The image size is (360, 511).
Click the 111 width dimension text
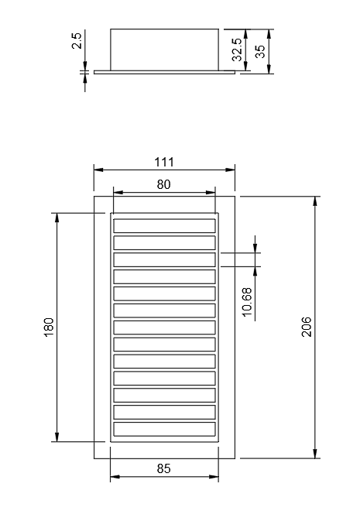[164, 162]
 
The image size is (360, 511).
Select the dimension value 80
[164, 184]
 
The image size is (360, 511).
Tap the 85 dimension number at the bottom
[164, 468]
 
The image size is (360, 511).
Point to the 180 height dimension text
[48, 326]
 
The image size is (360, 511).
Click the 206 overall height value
[306, 326]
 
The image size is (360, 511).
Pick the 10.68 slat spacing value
[247, 301]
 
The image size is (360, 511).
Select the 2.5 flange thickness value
[77, 41]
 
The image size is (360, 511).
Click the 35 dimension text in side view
[260, 51]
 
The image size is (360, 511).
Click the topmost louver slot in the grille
[164, 225]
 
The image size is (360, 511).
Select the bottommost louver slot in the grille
[164, 429]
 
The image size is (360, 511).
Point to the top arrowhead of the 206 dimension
[315, 200]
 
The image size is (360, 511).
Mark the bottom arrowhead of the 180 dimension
[57, 438]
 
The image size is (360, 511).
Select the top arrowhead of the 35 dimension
[269, 33]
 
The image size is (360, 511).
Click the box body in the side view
[164, 49]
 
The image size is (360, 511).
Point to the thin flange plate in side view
[164, 72]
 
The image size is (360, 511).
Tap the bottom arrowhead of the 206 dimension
[315, 454]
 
